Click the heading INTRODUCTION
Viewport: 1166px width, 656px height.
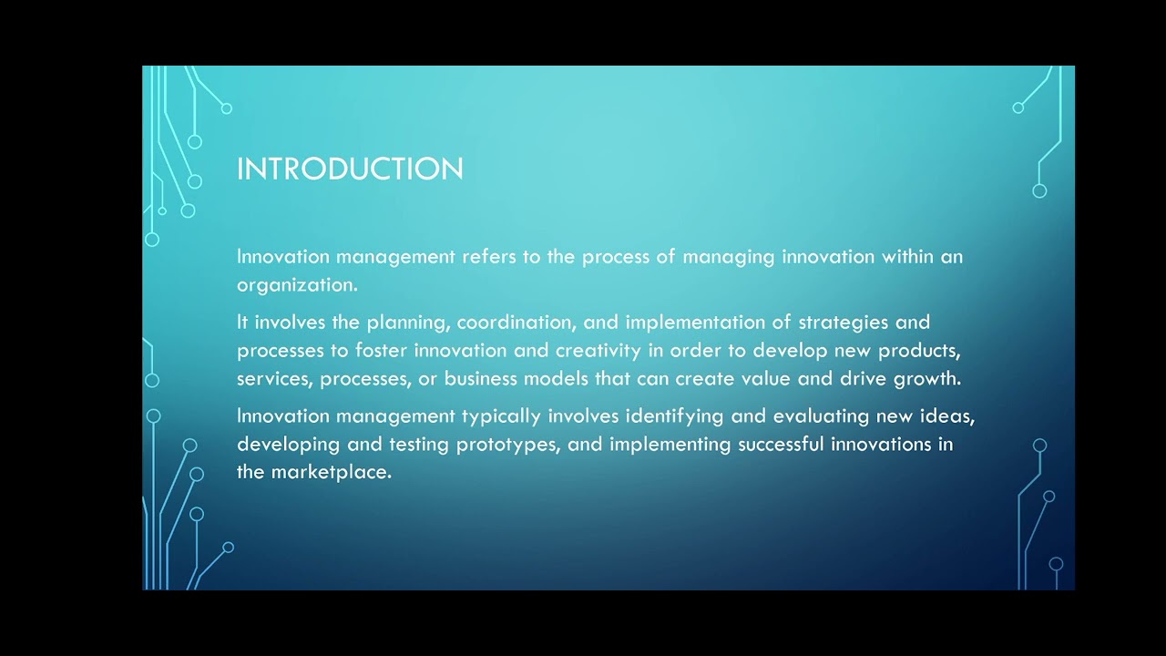pyautogui.click(x=350, y=169)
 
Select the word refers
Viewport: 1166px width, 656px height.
pyautogui.click(x=489, y=257)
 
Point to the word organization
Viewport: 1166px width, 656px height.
pyautogui.click(x=296, y=285)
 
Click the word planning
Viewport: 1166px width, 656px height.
pyautogui.click(x=406, y=323)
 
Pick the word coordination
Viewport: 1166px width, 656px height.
pyautogui.click(x=515, y=323)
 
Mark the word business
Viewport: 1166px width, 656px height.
pyautogui.click(x=480, y=379)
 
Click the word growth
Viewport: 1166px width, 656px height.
pyautogui.click(x=927, y=379)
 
